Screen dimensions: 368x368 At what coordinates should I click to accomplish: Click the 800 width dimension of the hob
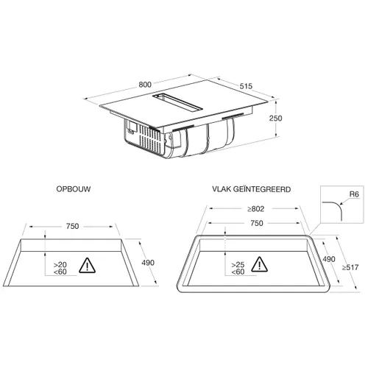pyautogui.click(x=145, y=85)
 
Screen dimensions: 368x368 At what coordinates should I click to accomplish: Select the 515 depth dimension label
pyautogui.click(x=246, y=86)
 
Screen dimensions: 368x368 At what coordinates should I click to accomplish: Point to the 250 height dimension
pyautogui.click(x=275, y=118)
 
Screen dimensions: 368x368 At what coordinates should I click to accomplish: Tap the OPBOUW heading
pyautogui.click(x=74, y=189)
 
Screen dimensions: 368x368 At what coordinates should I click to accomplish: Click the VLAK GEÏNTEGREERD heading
pyautogui.click(x=252, y=189)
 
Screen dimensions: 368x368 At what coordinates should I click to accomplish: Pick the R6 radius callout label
pyautogui.click(x=354, y=194)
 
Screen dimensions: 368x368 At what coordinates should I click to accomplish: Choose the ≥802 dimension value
pyautogui.click(x=255, y=209)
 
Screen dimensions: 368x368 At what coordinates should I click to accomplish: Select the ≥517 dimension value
pyautogui.click(x=350, y=267)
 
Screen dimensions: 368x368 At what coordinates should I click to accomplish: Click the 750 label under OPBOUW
pyautogui.click(x=72, y=226)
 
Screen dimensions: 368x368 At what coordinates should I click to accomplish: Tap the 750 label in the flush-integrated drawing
pyautogui.click(x=257, y=223)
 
